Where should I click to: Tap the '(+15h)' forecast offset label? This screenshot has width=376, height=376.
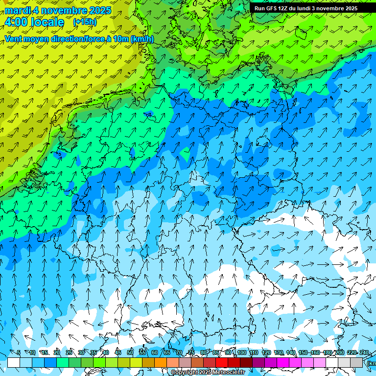pyautogui.click(x=85, y=22)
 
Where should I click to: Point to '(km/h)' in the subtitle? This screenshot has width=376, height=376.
pyautogui.click(x=141, y=39)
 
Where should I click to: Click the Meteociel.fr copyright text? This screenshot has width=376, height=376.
pyautogui.click(x=208, y=373)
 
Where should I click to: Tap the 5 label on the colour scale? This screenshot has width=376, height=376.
pyautogui.click(x=19, y=353)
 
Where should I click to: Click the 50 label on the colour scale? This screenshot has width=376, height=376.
pyautogui.click(x=130, y=353)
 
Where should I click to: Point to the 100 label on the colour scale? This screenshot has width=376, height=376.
pyautogui.click(x=242, y=353)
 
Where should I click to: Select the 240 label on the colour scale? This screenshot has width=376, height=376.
pyautogui.click(x=364, y=353)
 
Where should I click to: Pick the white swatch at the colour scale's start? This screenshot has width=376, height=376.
pyautogui.click(x=14, y=362)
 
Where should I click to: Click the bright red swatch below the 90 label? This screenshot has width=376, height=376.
pyautogui.click(x=222, y=362)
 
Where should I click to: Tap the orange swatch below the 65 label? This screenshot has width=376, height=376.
pyautogui.click(x=161, y=362)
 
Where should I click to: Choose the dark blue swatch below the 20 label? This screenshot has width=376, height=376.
pyautogui.click(x=50, y=362)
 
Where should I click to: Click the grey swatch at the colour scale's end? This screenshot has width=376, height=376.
pyautogui.click(x=356, y=362)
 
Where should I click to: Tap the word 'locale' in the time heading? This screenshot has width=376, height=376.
pyautogui.click(x=47, y=22)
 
